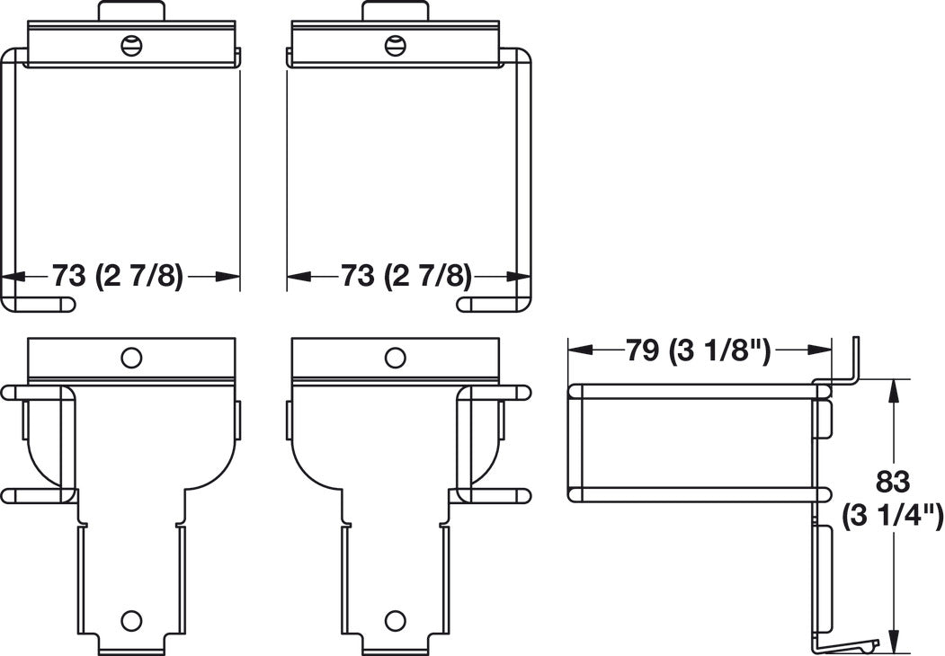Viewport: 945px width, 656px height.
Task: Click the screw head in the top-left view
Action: coord(132,45)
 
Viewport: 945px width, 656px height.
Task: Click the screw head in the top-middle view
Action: coord(395,45)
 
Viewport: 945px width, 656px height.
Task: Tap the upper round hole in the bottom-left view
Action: coord(130,358)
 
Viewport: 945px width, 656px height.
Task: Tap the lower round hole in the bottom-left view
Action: coord(130,619)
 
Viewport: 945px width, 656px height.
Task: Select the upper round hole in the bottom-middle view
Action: coord(394,358)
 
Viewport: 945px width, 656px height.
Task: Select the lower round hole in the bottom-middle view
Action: coord(394,619)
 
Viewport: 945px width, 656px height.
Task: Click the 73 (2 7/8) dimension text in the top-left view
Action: coord(117,277)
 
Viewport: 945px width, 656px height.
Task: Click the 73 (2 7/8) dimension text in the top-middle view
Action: coord(406,277)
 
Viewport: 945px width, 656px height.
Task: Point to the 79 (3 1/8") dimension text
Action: coord(699,350)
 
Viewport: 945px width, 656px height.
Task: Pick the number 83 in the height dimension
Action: coord(893,482)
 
